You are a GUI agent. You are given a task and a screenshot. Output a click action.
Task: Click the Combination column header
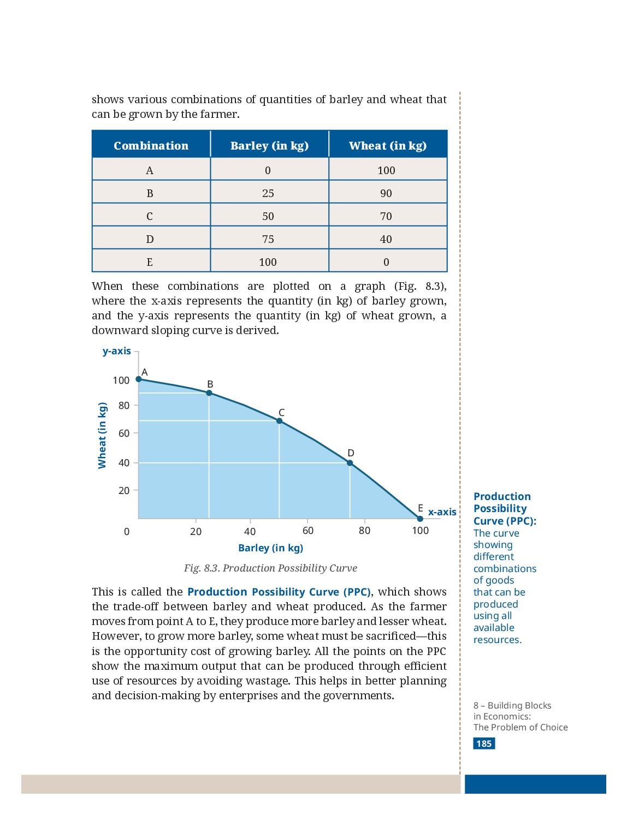[x=151, y=145]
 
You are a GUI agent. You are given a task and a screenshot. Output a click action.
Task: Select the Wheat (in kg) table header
[x=388, y=146]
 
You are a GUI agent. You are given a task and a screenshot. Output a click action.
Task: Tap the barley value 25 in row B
[x=268, y=193]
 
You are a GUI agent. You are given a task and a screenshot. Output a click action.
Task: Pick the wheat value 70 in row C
[x=386, y=216]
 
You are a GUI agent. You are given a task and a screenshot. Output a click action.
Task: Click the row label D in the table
[x=149, y=239]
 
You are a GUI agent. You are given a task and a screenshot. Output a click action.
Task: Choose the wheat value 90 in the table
[x=386, y=193]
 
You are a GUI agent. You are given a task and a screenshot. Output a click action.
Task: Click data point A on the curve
[x=138, y=379]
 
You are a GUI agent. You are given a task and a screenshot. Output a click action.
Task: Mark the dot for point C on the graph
[x=279, y=421]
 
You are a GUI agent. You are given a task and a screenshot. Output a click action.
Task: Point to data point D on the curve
[x=350, y=463]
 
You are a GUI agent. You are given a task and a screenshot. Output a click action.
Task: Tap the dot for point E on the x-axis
[x=420, y=519]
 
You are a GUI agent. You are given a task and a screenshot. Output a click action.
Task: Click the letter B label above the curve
[x=210, y=384]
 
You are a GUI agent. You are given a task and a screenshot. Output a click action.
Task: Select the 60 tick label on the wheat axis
[x=124, y=433]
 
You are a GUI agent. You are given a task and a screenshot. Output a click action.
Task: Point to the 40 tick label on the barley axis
[x=250, y=531]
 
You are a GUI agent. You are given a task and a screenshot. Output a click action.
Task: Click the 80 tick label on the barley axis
[x=364, y=531]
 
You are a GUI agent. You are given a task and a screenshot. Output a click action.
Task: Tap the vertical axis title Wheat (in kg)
[x=102, y=435]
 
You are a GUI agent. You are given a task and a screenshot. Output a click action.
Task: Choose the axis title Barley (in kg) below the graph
[x=270, y=548]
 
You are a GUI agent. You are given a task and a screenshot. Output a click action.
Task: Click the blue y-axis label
[x=117, y=351]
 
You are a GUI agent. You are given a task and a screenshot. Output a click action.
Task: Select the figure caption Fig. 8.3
[x=270, y=568]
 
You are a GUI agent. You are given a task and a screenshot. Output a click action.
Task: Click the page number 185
[x=484, y=743]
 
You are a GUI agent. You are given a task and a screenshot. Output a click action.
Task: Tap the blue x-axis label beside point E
[x=442, y=511]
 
